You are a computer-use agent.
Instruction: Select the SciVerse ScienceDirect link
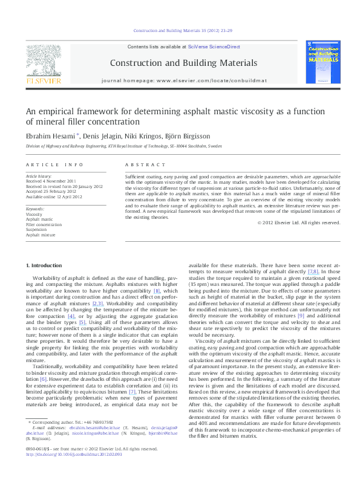point(214,47)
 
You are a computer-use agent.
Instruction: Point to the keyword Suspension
point(36,230)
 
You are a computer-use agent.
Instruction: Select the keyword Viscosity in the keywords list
point(34,214)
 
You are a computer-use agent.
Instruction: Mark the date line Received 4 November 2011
point(51,180)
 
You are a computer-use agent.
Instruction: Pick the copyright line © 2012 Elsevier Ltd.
point(299,222)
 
